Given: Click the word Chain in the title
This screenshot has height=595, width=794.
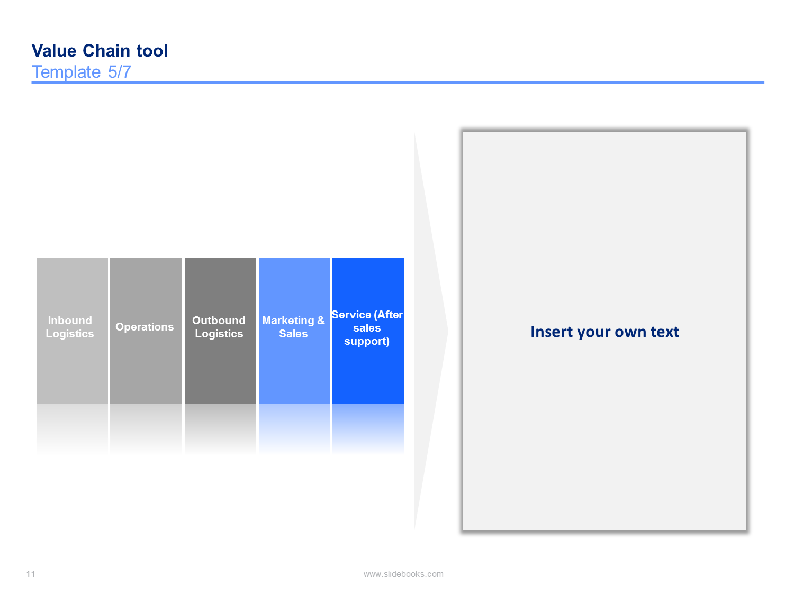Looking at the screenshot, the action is click(106, 51).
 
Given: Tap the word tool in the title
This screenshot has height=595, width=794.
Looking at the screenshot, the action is click(152, 51).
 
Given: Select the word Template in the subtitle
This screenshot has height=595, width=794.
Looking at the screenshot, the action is click(66, 72).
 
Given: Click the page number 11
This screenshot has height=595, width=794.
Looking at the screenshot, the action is click(31, 574).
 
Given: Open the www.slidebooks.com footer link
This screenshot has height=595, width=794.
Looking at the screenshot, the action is click(403, 574).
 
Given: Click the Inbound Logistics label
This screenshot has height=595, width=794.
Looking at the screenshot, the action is click(70, 327).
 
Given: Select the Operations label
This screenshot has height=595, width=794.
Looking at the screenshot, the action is click(145, 326).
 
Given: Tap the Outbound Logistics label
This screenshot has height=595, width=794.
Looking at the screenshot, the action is click(219, 327).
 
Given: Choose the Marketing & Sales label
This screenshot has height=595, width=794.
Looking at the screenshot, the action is click(293, 327).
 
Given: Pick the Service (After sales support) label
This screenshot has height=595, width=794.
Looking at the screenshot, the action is click(367, 328).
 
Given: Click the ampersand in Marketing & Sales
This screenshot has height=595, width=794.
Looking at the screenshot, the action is click(321, 321).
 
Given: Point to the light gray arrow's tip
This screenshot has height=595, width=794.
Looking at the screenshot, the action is click(448, 331).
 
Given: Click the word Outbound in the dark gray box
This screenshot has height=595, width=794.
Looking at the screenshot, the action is click(219, 321).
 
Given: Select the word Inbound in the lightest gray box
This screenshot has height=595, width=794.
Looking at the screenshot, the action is click(70, 321).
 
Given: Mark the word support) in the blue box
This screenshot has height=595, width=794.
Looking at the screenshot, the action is click(367, 341).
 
